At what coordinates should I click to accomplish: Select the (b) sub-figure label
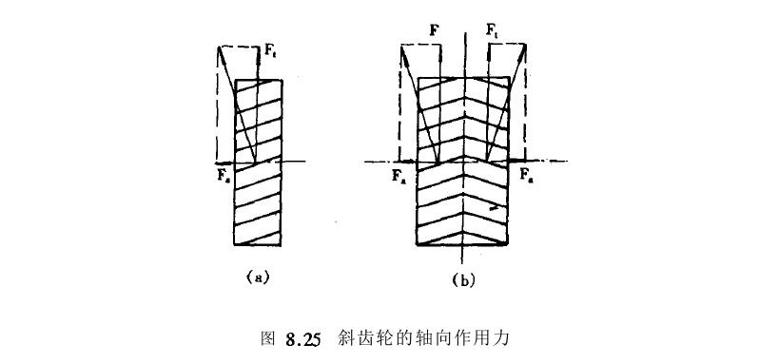pos(463,279)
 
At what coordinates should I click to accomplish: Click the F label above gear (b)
pos(434,30)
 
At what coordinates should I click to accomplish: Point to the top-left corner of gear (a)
pos(236,80)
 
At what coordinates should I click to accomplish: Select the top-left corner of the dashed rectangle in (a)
pos(218,45)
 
